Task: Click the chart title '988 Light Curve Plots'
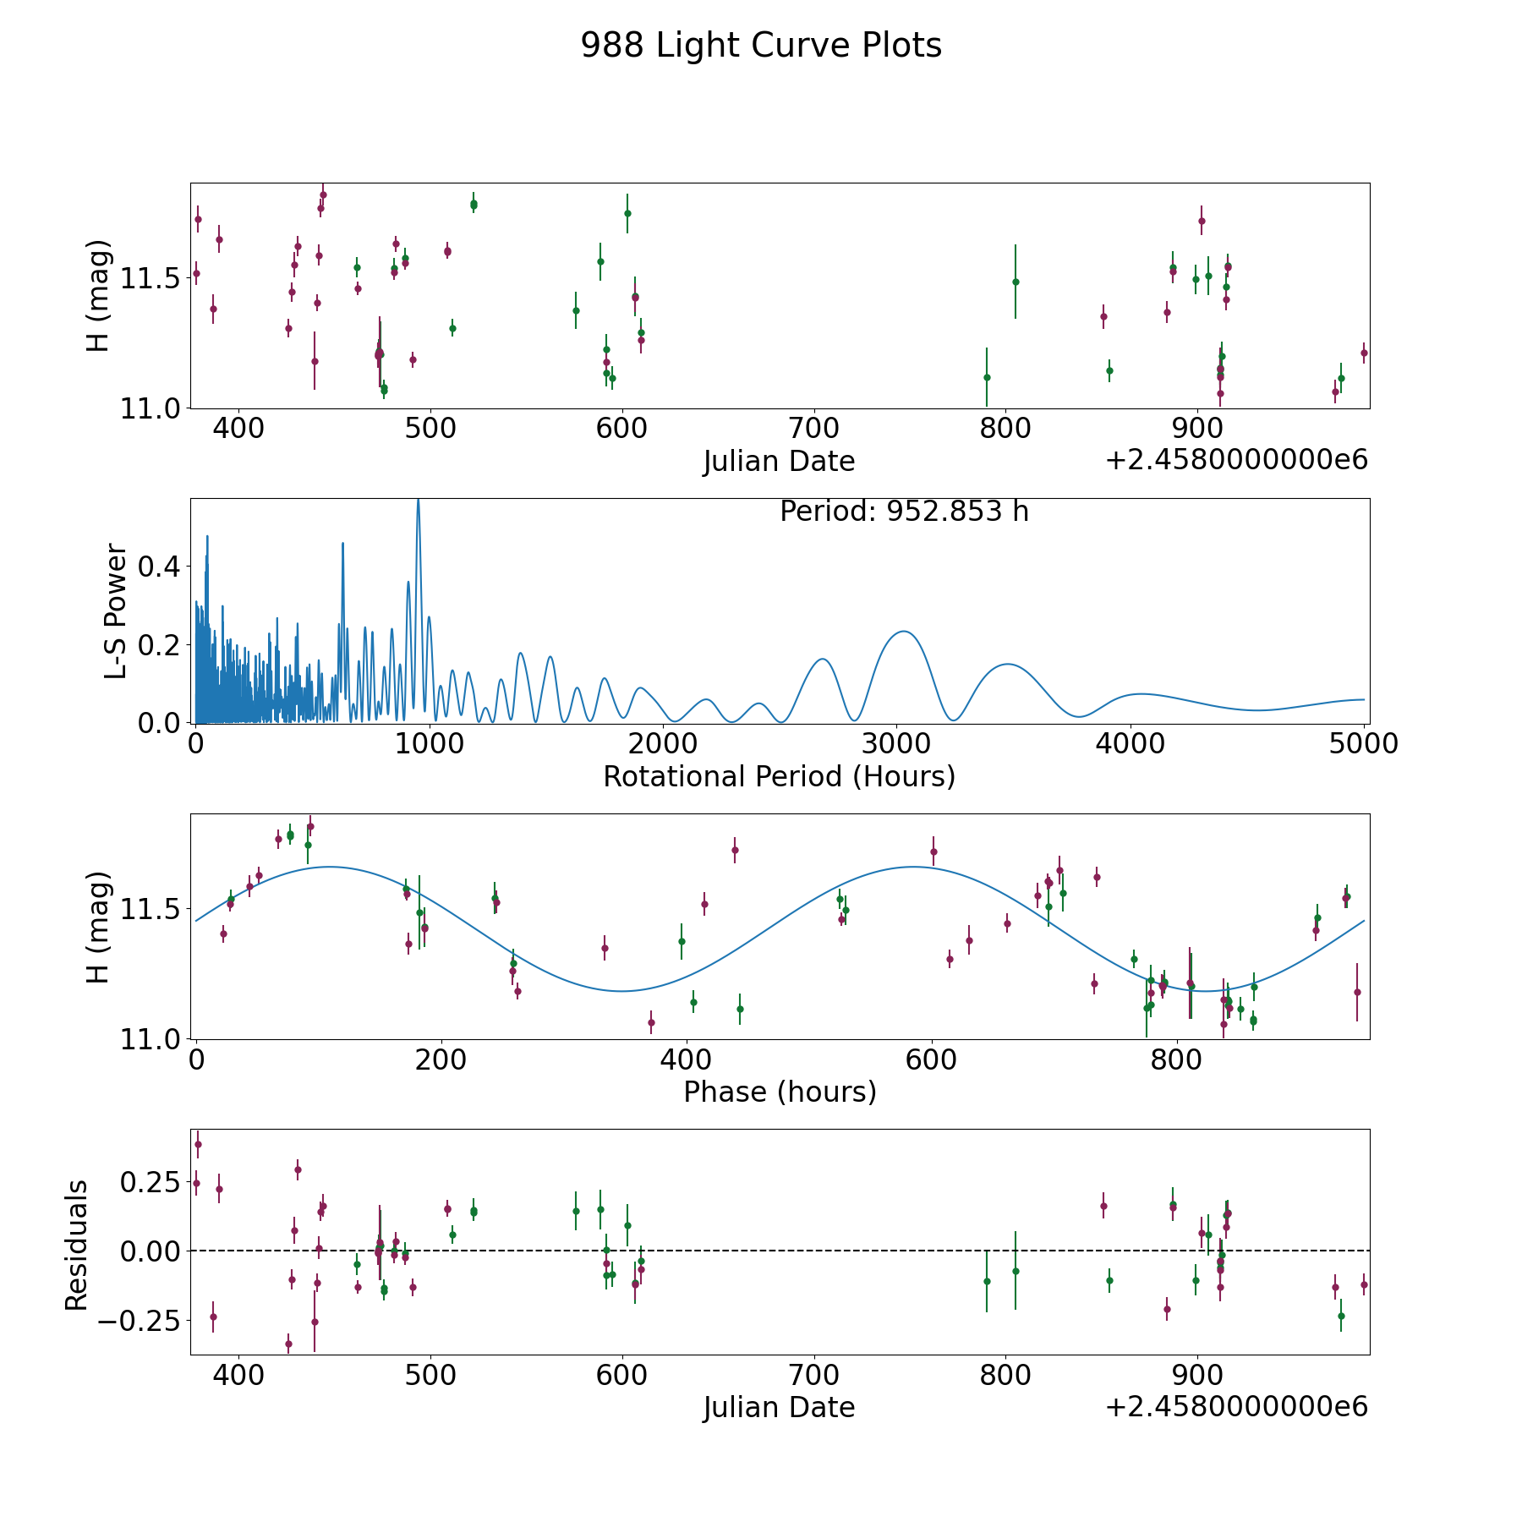761,46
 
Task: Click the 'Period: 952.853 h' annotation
904,512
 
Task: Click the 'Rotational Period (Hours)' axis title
779,776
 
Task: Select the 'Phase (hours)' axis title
780,1092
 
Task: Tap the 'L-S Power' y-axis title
116,610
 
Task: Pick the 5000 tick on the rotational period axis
1364,744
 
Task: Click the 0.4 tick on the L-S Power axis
160,566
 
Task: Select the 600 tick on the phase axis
932,1059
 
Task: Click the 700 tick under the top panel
813,429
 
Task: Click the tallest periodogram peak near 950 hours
418,502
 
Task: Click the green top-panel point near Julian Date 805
1016,282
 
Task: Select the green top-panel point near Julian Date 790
987,377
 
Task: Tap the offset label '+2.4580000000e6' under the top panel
1236,460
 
